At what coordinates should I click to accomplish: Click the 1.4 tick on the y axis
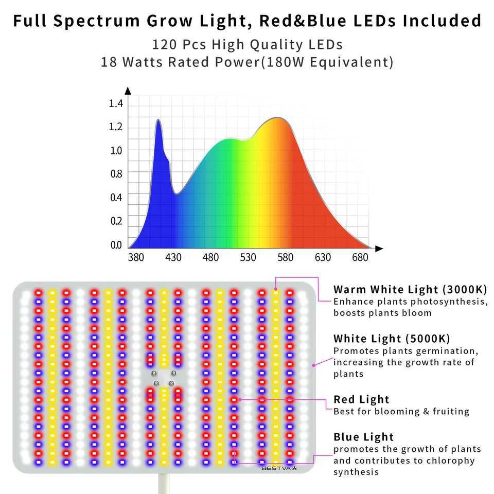coord(116,104)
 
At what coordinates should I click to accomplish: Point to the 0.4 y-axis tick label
coord(116,198)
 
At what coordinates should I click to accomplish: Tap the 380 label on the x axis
coord(136,257)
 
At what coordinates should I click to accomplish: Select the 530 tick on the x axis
coord(248,257)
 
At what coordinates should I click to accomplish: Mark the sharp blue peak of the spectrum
coord(158,120)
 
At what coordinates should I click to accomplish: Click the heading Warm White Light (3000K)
coord(410,289)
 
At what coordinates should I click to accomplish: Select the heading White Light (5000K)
coord(392,339)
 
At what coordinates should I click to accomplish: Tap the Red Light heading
coord(361,399)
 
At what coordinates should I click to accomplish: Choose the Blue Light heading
coord(363,437)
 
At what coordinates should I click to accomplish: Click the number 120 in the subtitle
coord(165,44)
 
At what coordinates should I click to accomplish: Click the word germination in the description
coord(448,351)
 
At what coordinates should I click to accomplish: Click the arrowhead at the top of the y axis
coord(128,91)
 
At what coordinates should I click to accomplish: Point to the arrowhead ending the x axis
coord(379,249)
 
